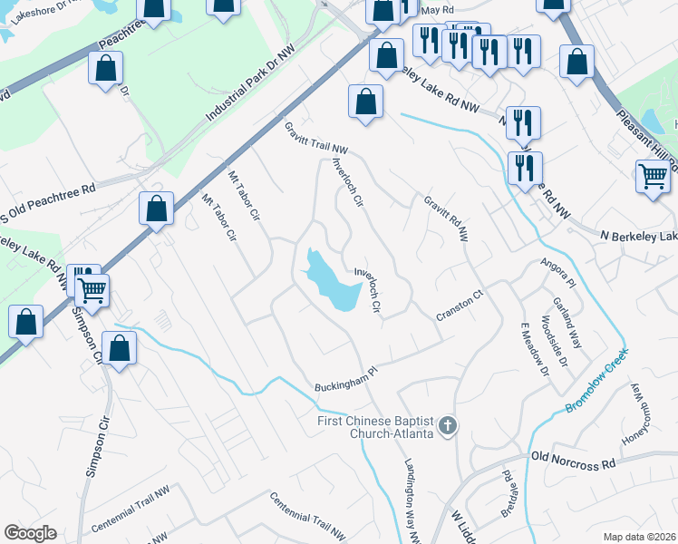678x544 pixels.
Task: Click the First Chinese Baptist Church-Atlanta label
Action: coord(373,426)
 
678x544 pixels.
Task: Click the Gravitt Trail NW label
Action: coord(316,138)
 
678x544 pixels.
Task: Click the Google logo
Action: coord(30,533)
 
